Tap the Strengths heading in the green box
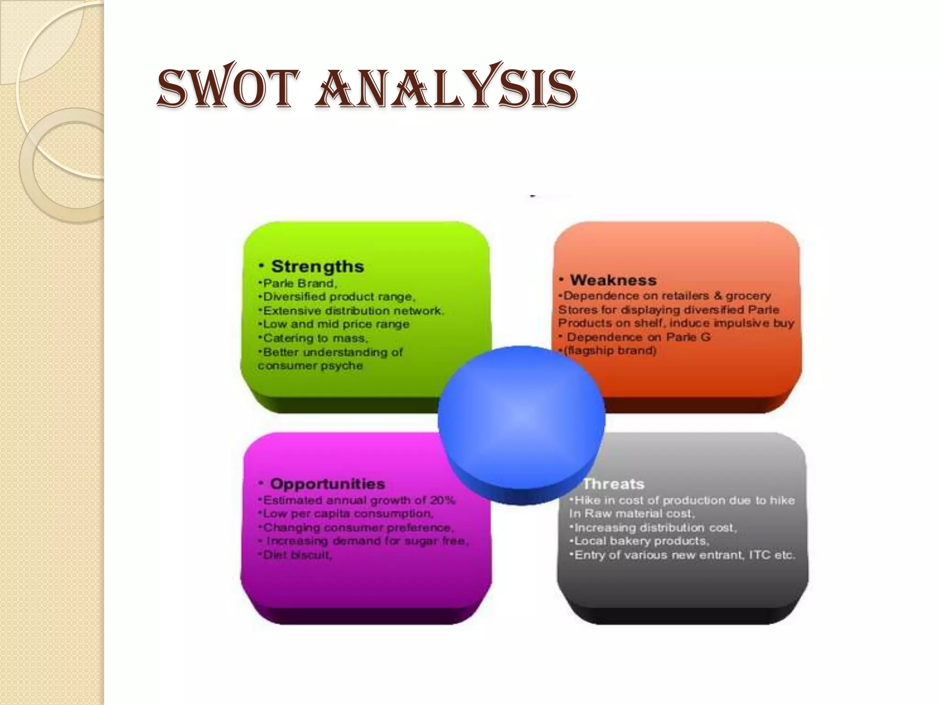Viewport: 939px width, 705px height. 317,266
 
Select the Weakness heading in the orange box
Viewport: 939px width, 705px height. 613,280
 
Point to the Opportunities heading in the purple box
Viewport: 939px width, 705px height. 327,484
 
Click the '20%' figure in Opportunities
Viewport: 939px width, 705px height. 442,500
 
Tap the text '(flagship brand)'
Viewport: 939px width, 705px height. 610,351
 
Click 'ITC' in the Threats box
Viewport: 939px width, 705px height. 759,555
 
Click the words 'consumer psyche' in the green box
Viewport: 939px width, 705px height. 310,366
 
